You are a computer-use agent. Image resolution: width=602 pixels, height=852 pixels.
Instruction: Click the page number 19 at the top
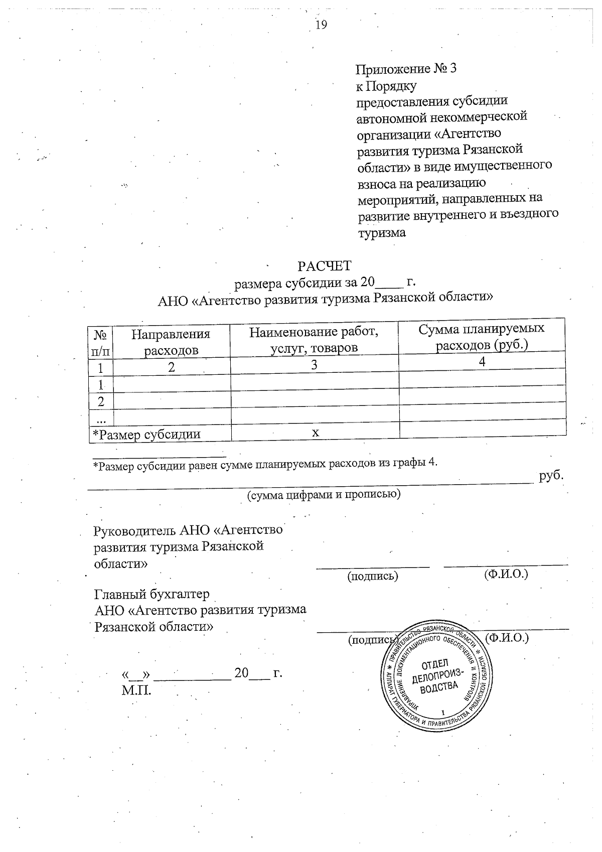[x=321, y=25]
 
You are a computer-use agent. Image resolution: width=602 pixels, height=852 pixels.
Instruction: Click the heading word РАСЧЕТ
[x=325, y=266]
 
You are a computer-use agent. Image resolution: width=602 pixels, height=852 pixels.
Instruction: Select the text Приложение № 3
[x=406, y=69]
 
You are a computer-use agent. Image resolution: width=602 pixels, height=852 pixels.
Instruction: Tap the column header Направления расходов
[x=171, y=342]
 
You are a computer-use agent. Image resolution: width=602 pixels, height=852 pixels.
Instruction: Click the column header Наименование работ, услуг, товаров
[x=314, y=339]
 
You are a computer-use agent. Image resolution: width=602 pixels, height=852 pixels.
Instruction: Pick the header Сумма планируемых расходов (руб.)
[x=482, y=337]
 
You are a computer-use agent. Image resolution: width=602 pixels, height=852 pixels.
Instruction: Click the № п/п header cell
[x=101, y=342]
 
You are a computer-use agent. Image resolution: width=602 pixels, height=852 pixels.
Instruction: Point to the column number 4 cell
[x=482, y=362]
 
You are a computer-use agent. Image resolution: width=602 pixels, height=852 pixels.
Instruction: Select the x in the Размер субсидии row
[x=316, y=432]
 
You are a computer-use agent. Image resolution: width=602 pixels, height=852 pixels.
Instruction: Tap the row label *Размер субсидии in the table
[x=146, y=435]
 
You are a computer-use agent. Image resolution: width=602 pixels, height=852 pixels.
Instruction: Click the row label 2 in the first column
[x=101, y=401]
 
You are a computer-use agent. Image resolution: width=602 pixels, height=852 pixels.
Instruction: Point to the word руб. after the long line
[x=551, y=476]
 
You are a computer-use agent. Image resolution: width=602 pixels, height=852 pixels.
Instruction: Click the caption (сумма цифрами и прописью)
[x=324, y=495]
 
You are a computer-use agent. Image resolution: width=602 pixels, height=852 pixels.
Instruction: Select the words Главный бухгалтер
[x=152, y=594]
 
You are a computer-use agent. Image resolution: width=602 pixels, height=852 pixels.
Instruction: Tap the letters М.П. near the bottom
[x=136, y=690]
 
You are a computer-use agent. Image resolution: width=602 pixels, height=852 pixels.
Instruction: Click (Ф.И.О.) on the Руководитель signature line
[x=506, y=574]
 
